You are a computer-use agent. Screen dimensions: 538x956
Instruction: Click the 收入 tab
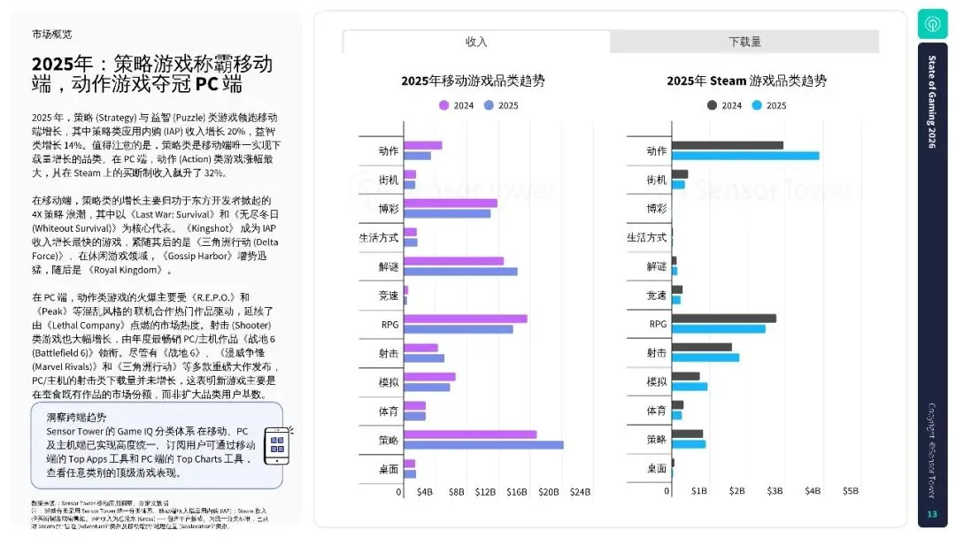[476, 42]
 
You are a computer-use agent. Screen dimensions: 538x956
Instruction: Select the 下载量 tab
[744, 42]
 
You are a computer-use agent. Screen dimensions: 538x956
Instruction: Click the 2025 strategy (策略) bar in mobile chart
[484, 445]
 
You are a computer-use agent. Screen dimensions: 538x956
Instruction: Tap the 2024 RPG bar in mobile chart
[466, 319]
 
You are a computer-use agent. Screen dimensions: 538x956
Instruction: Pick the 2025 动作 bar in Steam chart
[745, 156]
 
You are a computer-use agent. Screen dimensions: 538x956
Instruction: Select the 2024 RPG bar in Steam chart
[724, 319]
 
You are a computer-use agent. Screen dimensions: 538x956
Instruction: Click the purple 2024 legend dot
[444, 105]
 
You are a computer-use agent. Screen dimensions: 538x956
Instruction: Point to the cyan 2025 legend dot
[757, 105]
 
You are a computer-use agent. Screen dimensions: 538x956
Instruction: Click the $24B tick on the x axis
[580, 491]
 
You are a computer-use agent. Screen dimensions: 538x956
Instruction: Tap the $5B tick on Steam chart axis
[850, 491]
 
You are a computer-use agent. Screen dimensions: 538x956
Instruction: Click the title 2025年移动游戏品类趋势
[473, 81]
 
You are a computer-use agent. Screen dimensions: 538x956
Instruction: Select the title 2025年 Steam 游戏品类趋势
[746, 81]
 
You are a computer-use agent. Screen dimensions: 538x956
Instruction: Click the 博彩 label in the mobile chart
[389, 208]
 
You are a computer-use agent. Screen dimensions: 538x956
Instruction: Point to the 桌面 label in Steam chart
[656, 468]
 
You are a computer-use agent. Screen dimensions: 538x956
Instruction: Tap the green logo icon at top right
[932, 23]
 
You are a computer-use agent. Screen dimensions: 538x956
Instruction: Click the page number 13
[931, 515]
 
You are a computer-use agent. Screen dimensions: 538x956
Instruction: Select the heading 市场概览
[51, 35]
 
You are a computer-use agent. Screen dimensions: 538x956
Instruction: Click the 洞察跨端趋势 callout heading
[76, 417]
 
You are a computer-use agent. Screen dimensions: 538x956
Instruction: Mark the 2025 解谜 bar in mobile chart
[460, 271]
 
